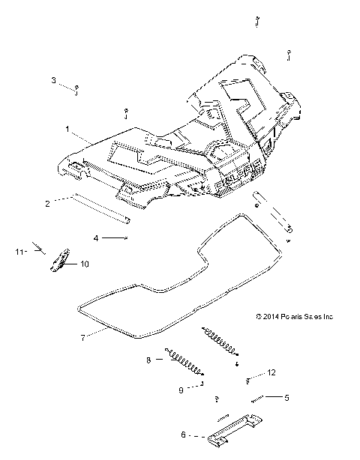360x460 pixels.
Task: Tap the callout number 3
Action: coord(53,80)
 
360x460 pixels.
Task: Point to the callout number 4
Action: coord(95,237)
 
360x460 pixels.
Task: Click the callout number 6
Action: coord(184,434)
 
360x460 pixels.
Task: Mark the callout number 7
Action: coord(82,337)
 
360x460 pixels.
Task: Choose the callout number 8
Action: coord(148,360)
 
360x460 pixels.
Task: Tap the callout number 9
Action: coord(180,390)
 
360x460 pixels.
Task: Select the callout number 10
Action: coord(84,264)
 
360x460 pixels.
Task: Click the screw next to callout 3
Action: coord(77,90)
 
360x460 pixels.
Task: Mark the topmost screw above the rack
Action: coord(256,21)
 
